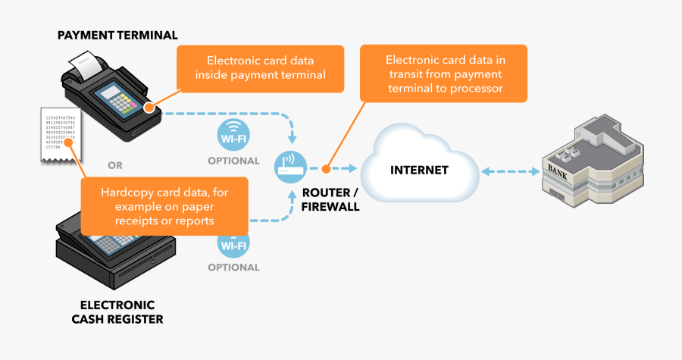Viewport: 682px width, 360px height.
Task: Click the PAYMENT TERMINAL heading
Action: (117, 35)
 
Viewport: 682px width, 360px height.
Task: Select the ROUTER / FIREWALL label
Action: (330, 199)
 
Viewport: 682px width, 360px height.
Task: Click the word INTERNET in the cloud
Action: (419, 170)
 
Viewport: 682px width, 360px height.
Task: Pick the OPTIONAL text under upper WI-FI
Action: (233, 161)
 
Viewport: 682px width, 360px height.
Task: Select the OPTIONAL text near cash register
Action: (233, 268)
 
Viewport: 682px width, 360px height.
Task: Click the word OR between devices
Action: (115, 164)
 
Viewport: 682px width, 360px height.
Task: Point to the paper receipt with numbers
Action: (60, 132)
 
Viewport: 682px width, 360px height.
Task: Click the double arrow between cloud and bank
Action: (510, 171)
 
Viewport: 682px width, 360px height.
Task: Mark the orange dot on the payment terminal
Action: (149, 106)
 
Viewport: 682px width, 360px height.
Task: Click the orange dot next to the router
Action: (324, 170)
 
